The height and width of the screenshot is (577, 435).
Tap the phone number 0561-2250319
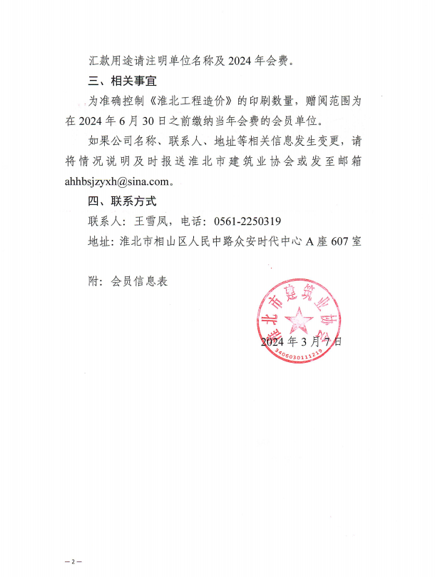247,221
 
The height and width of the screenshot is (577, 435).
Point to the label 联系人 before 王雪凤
106,221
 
